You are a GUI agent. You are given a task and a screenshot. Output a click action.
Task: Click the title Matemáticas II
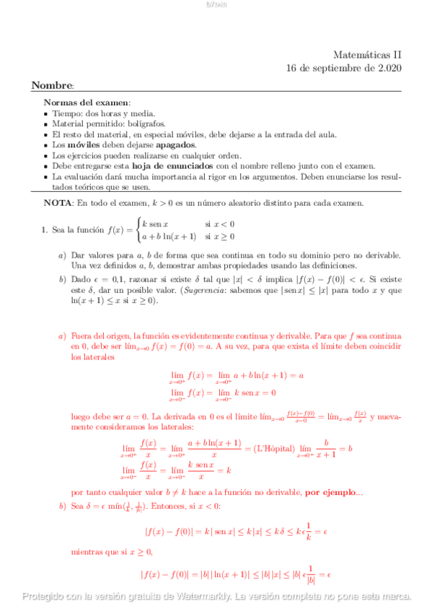coord(368,54)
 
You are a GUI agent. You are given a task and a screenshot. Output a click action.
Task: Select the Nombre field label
coord(52,86)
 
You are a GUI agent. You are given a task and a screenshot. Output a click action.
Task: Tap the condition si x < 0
coord(220,224)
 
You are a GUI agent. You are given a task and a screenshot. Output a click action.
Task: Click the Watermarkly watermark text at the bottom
coord(216,596)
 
